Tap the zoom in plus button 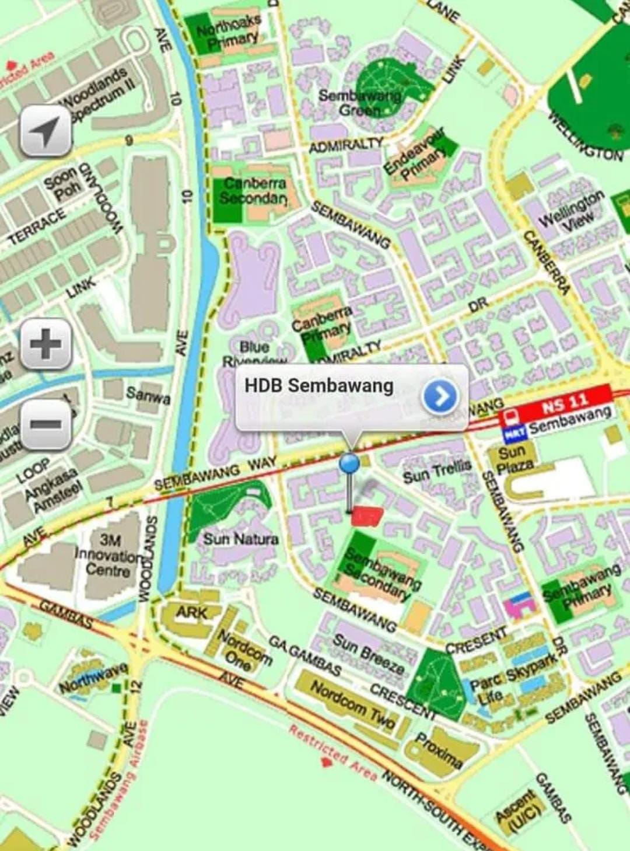coord(46,344)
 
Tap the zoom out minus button coord(46,424)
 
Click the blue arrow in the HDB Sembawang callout coord(440,397)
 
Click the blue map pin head coord(349,462)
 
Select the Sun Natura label coord(240,538)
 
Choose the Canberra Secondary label coord(254,190)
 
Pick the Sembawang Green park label coord(360,103)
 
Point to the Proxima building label coord(439,750)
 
